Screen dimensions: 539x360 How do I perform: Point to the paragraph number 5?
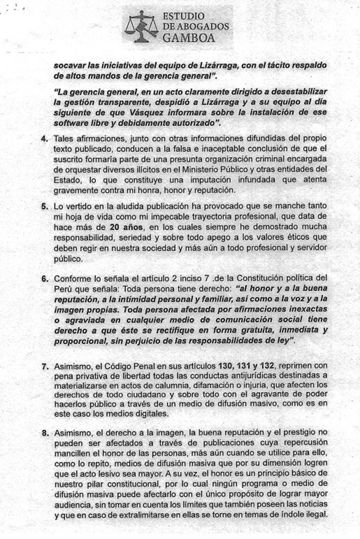[44, 205]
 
